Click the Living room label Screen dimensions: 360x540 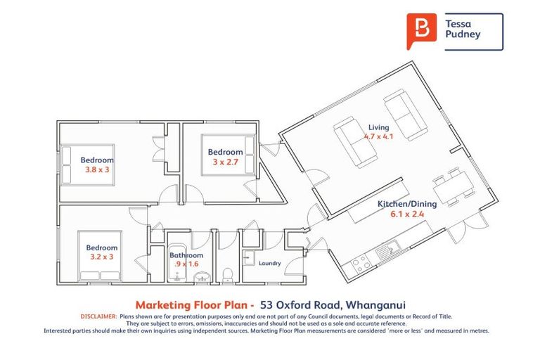[378, 127]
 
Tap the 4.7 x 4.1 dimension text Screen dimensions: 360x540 [378, 136]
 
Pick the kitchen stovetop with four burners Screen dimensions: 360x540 [360, 264]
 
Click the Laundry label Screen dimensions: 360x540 [269, 264]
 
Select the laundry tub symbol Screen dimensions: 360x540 [247, 258]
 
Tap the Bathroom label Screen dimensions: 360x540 [186, 255]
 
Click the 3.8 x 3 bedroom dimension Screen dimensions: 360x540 [97, 169]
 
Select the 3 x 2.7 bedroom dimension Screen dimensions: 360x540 [225, 162]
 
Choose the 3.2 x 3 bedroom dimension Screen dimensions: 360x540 [102, 257]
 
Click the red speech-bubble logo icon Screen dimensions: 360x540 [421, 30]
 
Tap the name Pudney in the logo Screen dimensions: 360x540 [463, 34]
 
